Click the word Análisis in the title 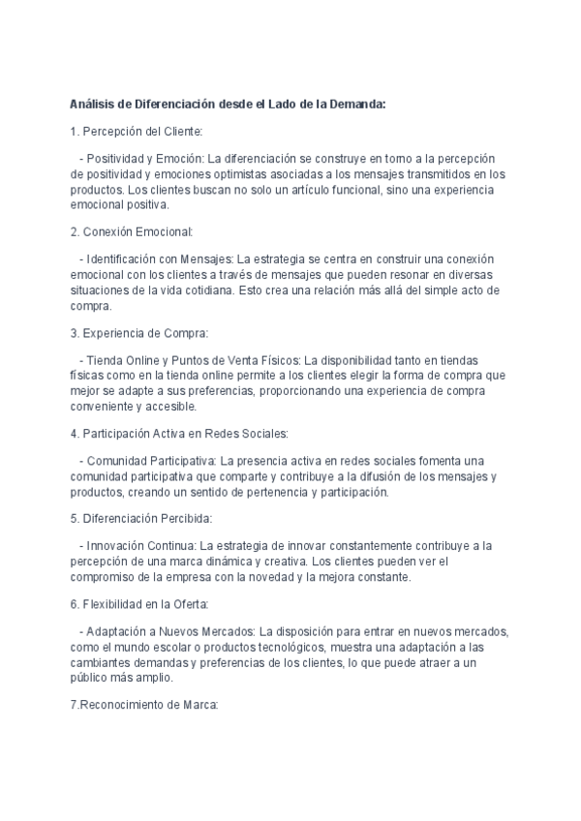pyautogui.click(x=93, y=105)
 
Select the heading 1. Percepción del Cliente pyautogui.click(x=137, y=132)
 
